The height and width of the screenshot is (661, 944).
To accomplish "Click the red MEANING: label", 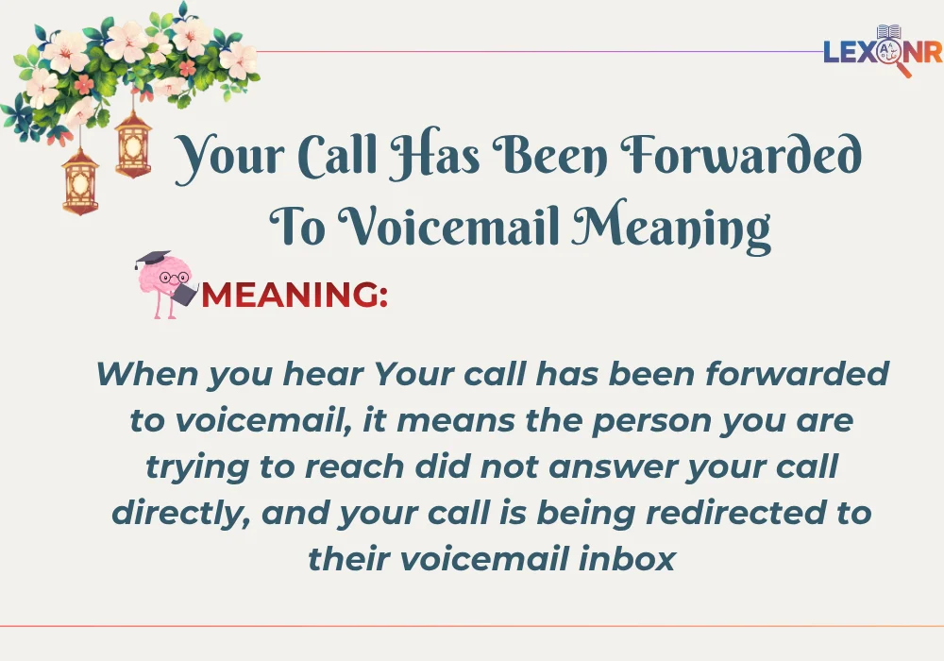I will [x=294, y=296].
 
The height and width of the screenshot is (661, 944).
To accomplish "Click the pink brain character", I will [x=162, y=280].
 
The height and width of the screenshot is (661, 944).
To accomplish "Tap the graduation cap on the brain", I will [x=152, y=259].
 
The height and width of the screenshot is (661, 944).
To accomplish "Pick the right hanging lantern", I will [x=133, y=143].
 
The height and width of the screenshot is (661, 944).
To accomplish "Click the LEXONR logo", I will [x=882, y=52].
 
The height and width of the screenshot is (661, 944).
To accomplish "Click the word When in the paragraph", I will [x=145, y=374].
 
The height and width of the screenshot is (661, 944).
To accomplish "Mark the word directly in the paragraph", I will [x=180, y=514].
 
